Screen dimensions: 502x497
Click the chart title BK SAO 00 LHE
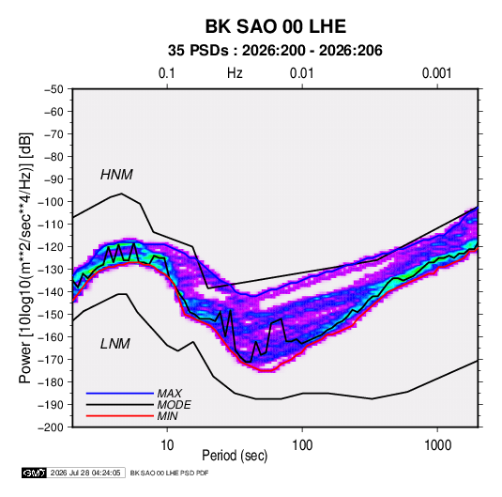click(x=275, y=26)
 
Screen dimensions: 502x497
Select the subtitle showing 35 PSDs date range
click(x=275, y=51)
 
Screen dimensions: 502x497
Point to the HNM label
click(x=116, y=175)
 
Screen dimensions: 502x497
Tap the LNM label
click(x=115, y=344)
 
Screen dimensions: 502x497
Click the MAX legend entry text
click(x=169, y=394)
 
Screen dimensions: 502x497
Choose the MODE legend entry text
click(x=174, y=405)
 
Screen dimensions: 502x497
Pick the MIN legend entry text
click(x=167, y=416)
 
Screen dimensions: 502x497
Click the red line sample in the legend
click(x=120, y=416)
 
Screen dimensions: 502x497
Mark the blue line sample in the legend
click(x=120, y=394)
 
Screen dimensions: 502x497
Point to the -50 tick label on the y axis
click(x=54, y=89)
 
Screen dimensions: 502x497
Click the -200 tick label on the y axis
click(x=51, y=427)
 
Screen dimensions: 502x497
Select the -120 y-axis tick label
click(x=51, y=247)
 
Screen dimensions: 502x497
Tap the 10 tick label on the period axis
click(x=167, y=445)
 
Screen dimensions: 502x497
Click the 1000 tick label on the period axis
click(x=437, y=445)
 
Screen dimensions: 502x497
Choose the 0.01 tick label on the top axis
click(x=301, y=73)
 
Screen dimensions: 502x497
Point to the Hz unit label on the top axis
click(x=235, y=73)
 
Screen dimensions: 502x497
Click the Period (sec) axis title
click(x=235, y=456)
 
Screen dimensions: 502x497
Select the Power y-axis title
click(x=25, y=257)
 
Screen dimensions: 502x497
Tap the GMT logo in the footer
click(x=35, y=473)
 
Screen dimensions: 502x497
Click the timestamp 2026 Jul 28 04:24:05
click(x=85, y=473)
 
